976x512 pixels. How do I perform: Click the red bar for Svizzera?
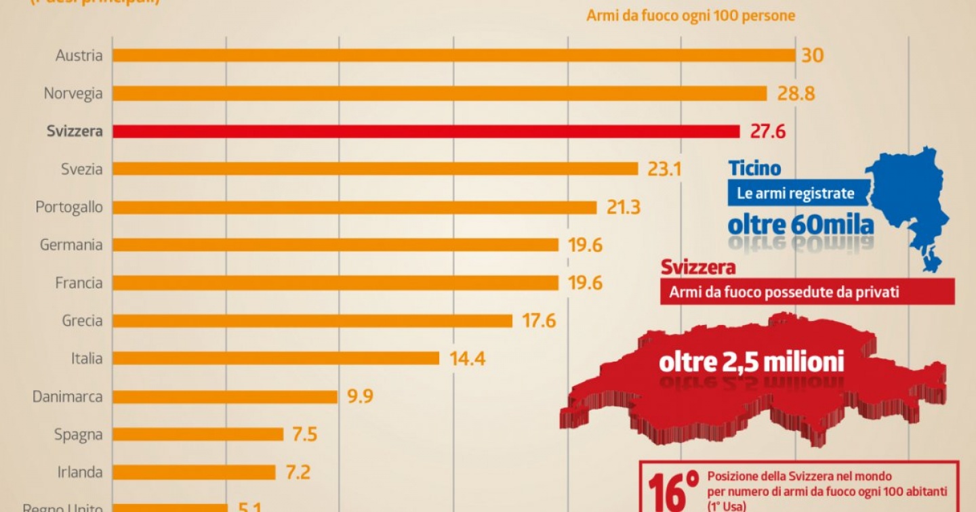point(426,131)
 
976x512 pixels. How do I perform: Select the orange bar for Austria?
point(453,55)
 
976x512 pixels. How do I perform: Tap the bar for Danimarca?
point(224,397)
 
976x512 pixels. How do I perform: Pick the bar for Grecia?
point(312,321)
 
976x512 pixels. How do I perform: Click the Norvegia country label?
point(73,93)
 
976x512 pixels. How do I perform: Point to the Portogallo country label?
point(69,207)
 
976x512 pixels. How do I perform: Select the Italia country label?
point(87,358)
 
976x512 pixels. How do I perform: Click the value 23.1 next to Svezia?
point(664,169)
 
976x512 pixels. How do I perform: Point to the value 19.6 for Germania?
point(586,245)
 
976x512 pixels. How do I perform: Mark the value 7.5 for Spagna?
point(305,434)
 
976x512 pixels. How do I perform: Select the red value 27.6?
point(768,131)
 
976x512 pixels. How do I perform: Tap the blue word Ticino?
point(754,168)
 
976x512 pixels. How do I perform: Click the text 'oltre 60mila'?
point(800,223)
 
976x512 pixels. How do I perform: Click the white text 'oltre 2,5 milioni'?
point(752,362)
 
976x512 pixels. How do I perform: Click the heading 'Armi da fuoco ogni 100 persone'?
point(691,16)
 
